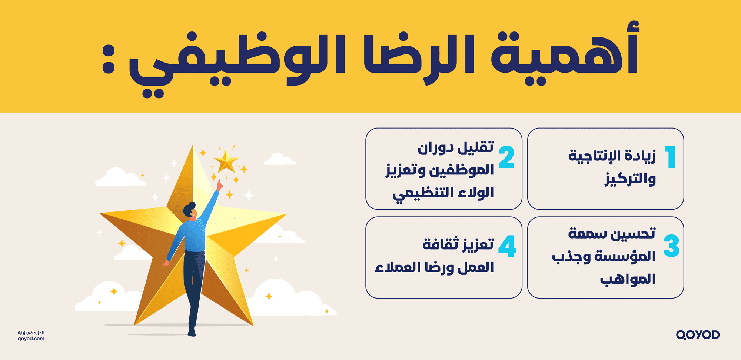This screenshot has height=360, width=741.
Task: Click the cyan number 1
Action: [x=671, y=157]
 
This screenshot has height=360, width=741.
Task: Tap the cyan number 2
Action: [x=506, y=157]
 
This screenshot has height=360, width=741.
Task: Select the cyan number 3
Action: [x=671, y=246]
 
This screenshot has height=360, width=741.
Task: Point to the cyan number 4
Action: [x=507, y=246]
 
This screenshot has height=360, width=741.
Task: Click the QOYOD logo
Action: [x=698, y=335]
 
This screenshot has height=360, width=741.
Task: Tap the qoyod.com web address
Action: [x=31, y=339]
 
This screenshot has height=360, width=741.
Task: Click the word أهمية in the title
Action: [x=565, y=52]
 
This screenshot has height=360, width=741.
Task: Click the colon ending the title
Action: [x=108, y=59]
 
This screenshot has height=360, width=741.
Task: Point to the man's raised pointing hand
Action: [x=219, y=184]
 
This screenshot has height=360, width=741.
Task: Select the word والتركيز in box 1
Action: [x=630, y=179]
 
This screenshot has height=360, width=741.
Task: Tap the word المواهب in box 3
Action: [x=628, y=279]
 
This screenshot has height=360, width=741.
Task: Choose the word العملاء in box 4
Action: [x=392, y=267]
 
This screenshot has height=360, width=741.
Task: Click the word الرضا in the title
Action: [x=419, y=56]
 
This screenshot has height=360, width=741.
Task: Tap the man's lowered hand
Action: [x=166, y=263]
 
